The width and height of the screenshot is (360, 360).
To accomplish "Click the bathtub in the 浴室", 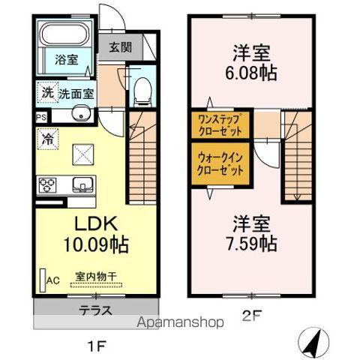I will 64,35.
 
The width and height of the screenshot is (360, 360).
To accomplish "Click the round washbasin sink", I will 80,115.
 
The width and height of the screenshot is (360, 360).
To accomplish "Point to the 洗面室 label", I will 76,95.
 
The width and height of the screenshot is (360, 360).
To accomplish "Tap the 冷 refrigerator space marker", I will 46,139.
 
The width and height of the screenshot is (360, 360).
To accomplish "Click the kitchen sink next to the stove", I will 80,184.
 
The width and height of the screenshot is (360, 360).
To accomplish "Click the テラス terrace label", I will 95,309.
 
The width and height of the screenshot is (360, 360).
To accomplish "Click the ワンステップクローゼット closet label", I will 220,124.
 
